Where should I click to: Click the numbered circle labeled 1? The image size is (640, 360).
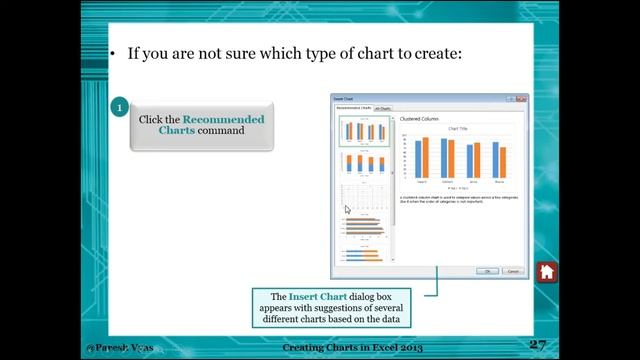tap(120, 107)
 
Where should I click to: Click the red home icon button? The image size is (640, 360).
tap(546, 272)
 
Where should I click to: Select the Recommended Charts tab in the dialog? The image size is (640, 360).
tap(353, 107)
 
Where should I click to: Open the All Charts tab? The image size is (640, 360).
tap(384, 107)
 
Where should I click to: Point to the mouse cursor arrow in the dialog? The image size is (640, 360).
tap(347, 210)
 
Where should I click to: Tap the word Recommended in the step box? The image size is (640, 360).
tap(223, 119)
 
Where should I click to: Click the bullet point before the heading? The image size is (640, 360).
tap(113, 53)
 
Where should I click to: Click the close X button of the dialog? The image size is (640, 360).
tap(521, 99)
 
